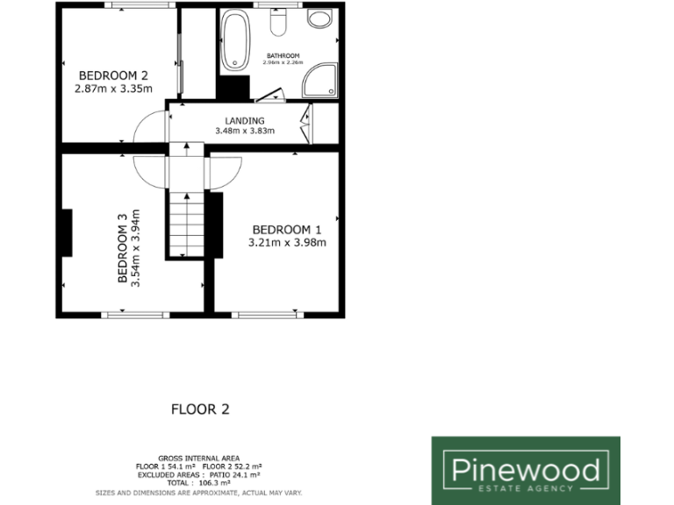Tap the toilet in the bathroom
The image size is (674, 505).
[x=279, y=22]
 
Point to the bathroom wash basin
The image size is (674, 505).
[x=320, y=19]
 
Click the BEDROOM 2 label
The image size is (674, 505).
[x=114, y=75]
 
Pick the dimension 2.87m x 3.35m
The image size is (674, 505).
[x=114, y=88]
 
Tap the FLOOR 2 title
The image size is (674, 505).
[x=200, y=409]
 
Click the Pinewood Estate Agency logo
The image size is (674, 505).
[x=525, y=470]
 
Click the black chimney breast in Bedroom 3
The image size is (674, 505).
[x=66, y=233]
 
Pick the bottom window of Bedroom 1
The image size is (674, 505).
[x=268, y=314]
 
